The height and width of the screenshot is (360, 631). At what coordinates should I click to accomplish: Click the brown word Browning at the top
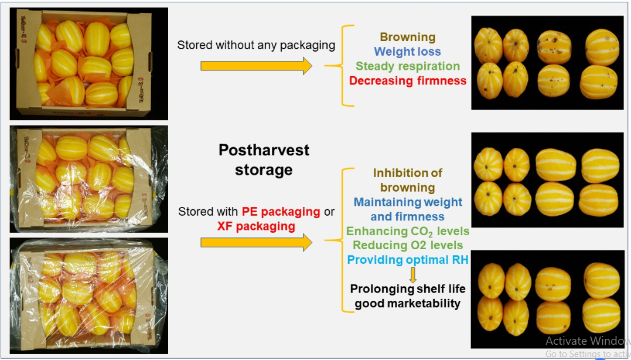pyautogui.click(x=407, y=38)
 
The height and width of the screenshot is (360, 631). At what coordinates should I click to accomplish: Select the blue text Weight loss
pyautogui.click(x=407, y=52)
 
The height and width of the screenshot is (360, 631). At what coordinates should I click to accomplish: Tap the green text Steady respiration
pyautogui.click(x=407, y=66)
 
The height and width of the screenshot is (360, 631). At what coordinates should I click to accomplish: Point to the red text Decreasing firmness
pyautogui.click(x=407, y=81)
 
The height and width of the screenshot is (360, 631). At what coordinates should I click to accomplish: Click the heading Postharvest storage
pyautogui.click(x=264, y=160)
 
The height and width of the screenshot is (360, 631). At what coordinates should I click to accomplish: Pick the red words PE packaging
pyautogui.click(x=281, y=211)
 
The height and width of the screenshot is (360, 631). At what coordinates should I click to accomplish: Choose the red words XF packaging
pyautogui.click(x=256, y=226)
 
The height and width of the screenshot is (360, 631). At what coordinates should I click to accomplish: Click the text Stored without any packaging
pyautogui.click(x=256, y=45)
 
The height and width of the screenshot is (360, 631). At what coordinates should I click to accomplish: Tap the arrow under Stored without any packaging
pyautogui.click(x=256, y=66)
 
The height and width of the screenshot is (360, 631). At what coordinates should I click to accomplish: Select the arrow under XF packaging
pyautogui.click(x=256, y=242)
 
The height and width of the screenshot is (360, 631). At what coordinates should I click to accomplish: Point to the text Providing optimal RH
pyautogui.click(x=407, y=260)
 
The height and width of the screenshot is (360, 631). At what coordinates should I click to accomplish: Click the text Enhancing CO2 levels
pyautogui.click(x=407, y=231)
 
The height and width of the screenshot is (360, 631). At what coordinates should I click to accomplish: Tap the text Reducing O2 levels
pyautogui.click(x=407, y=246)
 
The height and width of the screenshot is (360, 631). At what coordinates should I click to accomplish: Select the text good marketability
pyautogui.click(x=407, y=304)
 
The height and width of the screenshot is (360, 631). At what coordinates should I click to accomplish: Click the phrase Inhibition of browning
pyautogui.click(x=407, y=180)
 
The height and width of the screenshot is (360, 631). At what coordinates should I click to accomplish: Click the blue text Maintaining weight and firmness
pyautogui.click(x=407, y=209)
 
